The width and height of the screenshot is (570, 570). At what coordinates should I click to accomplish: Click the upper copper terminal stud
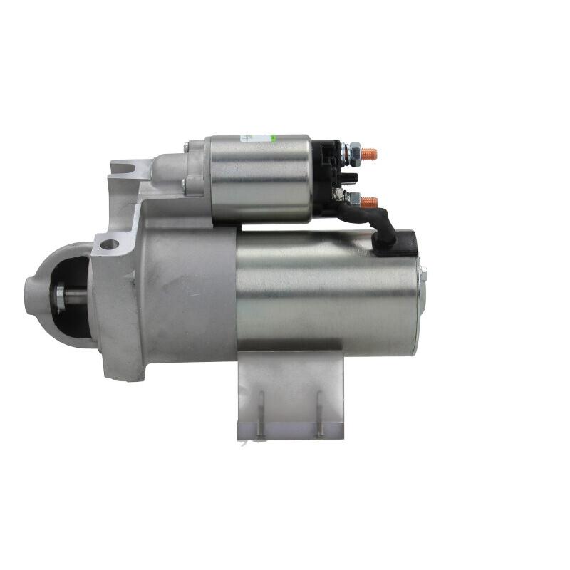coord(369,153)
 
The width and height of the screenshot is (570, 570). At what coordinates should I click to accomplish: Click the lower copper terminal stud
coord(369,202)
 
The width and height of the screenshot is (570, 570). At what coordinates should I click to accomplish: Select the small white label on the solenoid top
coord(246,137)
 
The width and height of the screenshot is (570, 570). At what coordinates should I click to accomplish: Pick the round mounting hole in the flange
coord(109,244)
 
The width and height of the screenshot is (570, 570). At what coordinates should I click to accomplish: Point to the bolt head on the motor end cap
coord(423,274)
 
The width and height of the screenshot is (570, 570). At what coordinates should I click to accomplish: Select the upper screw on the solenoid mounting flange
coord(186,147)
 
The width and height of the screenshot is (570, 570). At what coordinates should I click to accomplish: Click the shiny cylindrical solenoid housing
coord(260,178)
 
